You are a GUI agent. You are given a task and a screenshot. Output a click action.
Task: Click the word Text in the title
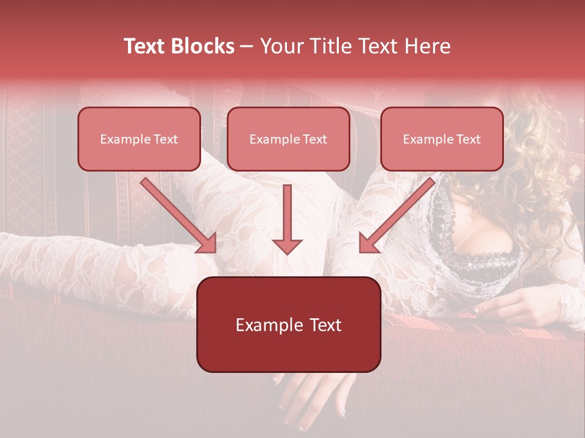coord(145,46)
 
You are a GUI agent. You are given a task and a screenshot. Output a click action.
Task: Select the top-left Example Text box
coord(139,139)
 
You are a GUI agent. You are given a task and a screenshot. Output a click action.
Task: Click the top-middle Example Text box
coord(288,139)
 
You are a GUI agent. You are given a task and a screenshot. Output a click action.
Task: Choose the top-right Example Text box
coord(442,139)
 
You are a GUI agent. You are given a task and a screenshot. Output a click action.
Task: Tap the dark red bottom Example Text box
coord(288,324)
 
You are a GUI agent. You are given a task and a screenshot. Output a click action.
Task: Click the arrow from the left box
coord(177,214)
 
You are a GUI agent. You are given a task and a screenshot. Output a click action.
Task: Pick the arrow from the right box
coord(399,214)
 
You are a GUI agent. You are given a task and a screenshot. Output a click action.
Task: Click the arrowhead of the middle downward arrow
coord(287,245)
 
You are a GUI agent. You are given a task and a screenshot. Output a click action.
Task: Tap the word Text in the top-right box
coord(468,139)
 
